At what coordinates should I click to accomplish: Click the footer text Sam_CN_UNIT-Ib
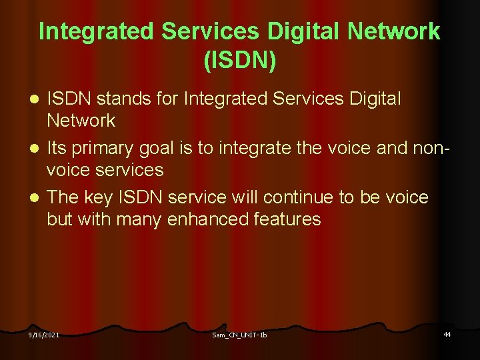(239, 334)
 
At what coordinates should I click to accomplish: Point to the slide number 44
(447, 333)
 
